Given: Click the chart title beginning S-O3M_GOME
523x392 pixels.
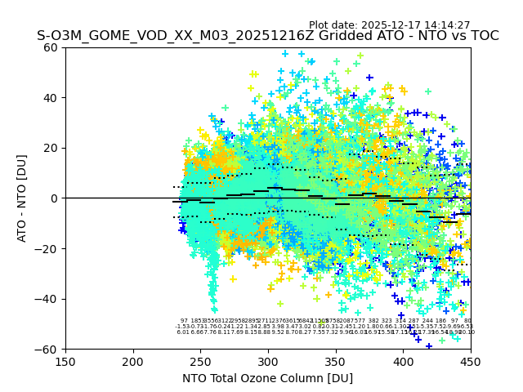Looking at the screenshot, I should coord(267,37).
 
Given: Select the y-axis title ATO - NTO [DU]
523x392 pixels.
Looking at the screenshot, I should coord(22,198).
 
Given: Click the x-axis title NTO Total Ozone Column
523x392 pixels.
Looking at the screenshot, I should coord(267,378).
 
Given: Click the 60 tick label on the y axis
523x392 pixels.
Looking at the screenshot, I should coord(51,47).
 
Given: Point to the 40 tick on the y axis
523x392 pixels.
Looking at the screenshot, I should coord(51,98).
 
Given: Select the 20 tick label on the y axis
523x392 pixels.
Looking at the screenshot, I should coord(51,148).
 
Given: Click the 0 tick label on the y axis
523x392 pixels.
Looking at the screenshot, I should coord(55,198).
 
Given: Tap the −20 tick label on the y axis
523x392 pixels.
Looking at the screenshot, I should coord(48,248).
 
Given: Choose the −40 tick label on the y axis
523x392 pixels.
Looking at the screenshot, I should coord(48,299).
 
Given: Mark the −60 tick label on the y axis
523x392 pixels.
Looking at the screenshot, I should coord(48,349).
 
